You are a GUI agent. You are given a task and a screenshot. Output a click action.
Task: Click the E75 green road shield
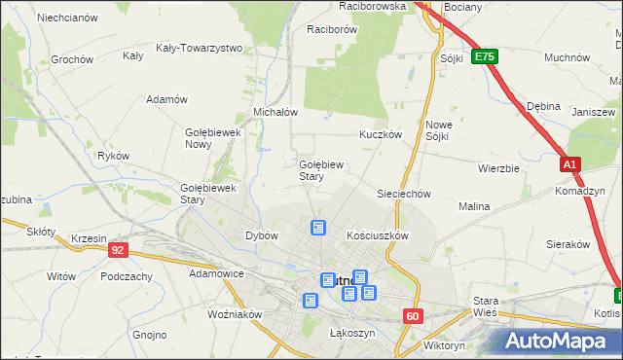coord(484,57)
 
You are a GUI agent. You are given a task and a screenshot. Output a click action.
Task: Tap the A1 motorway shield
coord(570,165)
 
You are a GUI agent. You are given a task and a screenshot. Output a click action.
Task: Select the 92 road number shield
coord(118,250)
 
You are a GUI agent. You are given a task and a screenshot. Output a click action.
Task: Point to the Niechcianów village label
coord(67,18)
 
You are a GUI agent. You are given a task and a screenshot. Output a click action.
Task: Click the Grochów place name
coord(71,59)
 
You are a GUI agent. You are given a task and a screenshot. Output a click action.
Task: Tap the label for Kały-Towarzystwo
coord(199,47)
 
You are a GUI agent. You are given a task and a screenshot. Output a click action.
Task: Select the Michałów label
coord(275,112)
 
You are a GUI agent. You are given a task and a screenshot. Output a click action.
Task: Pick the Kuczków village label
coord(381,134)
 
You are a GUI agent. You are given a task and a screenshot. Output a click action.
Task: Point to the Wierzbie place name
coord(498,167)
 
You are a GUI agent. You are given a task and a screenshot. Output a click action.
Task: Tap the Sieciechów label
coord(404,194)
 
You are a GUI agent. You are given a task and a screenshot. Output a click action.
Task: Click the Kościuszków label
coord(377,235)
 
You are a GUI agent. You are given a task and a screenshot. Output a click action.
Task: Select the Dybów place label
coord(262,235)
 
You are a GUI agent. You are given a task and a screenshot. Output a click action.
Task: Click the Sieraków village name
coord(569,244)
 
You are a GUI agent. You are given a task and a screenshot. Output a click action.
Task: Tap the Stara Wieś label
coord(485,306)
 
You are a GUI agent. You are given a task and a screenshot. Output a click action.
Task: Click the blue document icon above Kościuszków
coord(317,228)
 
